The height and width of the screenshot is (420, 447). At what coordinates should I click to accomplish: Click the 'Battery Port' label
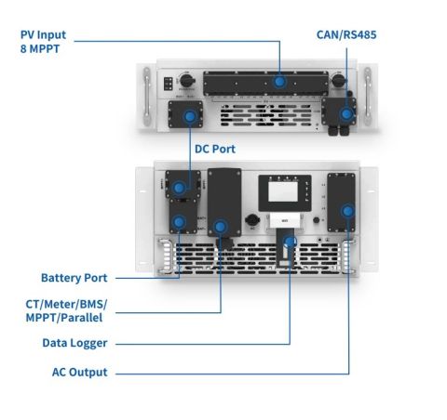click(74, 278)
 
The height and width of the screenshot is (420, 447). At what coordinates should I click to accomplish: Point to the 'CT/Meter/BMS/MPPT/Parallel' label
click(66, 310)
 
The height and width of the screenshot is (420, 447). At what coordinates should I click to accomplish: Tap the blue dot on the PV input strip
click(279, 81)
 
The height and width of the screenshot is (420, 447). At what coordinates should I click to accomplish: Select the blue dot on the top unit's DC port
click(191, 116)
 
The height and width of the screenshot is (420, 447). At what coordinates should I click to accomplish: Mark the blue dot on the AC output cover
click(348, 212)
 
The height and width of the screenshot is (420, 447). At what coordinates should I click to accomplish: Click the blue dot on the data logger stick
click(291, 242)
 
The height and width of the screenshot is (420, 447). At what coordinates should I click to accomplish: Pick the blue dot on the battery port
click(178, 222)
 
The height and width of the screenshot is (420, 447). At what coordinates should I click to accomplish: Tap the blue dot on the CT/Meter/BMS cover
click(220, 226)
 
